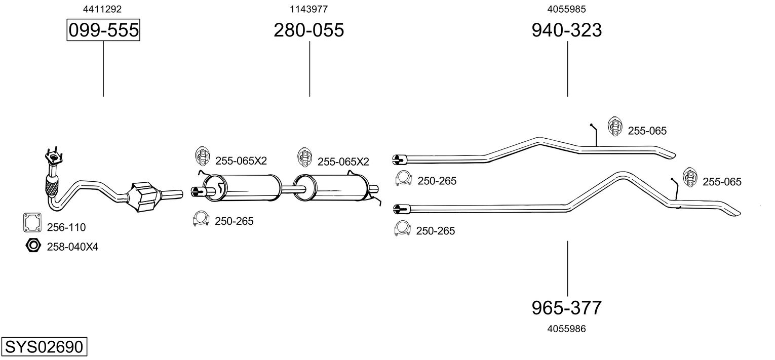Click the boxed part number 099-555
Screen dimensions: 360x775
coord(103,30)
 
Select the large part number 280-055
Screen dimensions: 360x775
coord(309,30)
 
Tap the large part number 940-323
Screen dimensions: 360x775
coord(567,30)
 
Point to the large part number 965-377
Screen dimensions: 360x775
coord(567,307)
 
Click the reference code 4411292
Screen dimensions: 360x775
coord(102,9)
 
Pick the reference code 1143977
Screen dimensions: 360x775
coord(308,9)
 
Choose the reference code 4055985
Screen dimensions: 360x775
coord(567,9)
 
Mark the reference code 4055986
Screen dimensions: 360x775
coord(567,329)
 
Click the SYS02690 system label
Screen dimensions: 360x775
coord(44,347)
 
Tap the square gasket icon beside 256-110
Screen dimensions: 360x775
coord(32,222)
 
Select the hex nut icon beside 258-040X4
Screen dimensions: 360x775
coord(33,246)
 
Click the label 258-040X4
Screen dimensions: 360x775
coord(72,247)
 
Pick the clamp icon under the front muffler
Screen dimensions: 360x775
coord(202,219)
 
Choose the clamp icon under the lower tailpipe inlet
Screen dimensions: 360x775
coord(402,229)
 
